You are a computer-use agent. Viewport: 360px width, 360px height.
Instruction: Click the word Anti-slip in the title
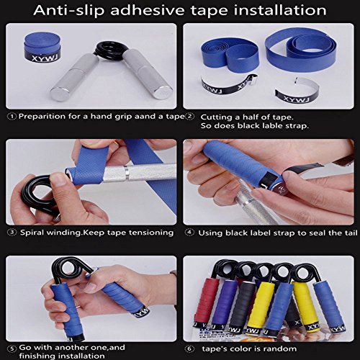(x=69, y=11)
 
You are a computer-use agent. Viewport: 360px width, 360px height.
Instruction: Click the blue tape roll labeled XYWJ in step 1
(x=42, y=47)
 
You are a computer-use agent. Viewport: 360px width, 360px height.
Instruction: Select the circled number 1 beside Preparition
(x=12, y=117)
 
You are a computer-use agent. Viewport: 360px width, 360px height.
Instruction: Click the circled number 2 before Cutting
(x=190, y=117)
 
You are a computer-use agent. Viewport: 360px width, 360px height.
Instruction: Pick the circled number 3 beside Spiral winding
(x=12, y=233)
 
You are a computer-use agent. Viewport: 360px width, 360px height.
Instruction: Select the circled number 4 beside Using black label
(x=189, y=233)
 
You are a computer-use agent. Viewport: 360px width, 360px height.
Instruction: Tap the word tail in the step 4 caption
(x=351, y=233)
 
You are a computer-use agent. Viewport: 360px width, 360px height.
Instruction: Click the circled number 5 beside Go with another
(x=12, y=348)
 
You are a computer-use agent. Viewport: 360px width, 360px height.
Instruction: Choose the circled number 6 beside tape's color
(x=189, y=348)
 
